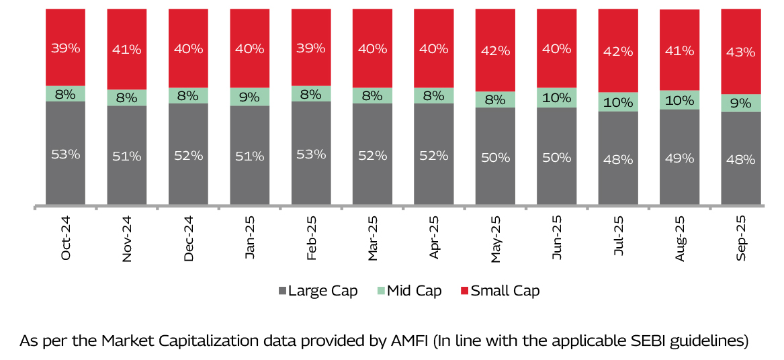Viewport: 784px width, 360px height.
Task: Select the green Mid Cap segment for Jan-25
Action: click(x=250, y=97)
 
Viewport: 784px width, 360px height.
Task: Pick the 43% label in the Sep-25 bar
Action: click(x=741, y=50)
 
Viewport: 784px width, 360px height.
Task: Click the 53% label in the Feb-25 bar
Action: click(x=311, y=154)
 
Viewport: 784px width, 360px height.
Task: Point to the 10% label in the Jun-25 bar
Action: click(x=557, y=97)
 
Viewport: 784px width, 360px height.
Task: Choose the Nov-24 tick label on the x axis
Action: click(x=127, y=238)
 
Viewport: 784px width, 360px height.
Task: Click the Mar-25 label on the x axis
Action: click(x=372, y=238)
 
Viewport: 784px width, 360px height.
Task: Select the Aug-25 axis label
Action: click(x=679, y=238)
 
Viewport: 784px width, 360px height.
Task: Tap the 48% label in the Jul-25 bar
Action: click(x=618, y=160)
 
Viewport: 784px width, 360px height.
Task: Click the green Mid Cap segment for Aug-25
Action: click(x=679, y=100)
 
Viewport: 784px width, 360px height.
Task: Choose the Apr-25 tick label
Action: click(x=434, y=238)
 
